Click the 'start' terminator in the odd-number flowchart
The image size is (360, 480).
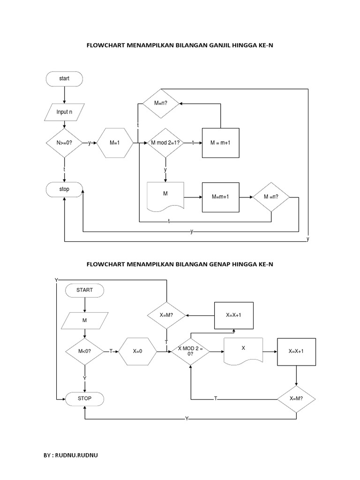64,79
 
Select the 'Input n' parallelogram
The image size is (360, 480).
64,112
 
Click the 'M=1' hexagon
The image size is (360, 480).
115,142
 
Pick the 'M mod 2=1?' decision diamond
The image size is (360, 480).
165,142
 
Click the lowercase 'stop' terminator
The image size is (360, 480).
64,189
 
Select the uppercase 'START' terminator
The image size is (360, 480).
85,290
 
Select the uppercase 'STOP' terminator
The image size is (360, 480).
85,398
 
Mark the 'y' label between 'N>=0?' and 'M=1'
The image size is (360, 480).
90,142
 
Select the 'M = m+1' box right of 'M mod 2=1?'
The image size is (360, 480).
220,142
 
